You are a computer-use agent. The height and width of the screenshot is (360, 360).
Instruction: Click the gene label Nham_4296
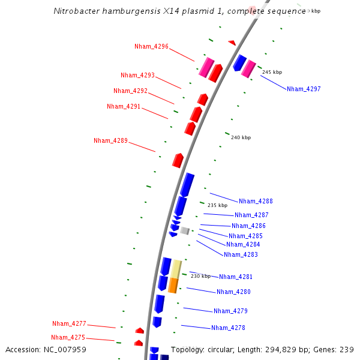[151, 46]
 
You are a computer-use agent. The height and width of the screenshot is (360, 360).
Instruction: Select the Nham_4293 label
[137, 75]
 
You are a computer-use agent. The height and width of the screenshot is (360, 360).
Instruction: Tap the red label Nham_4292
[130, 91]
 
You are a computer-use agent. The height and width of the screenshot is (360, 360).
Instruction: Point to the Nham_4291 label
[124, 106]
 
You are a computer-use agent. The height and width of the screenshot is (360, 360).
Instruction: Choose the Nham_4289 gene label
[110, 140]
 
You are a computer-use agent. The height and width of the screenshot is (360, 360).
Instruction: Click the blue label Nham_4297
[304, 89]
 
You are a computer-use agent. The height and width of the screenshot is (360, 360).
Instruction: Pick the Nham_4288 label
[256, 201]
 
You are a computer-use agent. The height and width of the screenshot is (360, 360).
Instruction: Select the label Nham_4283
[241, 254]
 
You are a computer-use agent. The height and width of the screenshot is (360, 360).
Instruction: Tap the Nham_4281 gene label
[236, 277]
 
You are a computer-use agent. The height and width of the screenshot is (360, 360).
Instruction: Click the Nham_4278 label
[228, 328]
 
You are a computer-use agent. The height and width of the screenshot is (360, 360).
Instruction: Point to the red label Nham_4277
[69, 323]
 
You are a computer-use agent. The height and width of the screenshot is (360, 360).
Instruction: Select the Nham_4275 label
[68, 337]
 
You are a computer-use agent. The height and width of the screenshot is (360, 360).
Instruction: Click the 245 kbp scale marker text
[272, 72]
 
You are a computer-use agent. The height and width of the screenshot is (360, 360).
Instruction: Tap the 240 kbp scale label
[241, 137]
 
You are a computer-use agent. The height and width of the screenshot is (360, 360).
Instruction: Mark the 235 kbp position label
[217, 205]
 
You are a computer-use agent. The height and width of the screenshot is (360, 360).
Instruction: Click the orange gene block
[173, 285]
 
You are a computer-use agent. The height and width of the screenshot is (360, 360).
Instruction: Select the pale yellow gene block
[176, 268]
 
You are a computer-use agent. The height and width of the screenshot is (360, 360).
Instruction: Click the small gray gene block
[185, 230]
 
